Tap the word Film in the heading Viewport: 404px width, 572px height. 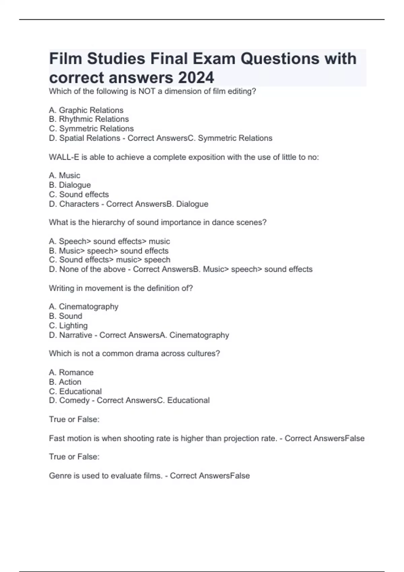(66, 59)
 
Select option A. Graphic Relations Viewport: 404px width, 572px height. (86, 110)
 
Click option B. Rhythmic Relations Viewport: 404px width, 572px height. (89, 119)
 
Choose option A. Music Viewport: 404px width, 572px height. (65, 175)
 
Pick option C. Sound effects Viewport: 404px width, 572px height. (79, 194)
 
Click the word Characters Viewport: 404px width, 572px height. (79, 204)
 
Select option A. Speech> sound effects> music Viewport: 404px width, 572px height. (109, 241)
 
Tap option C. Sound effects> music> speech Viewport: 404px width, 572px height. (110, 260)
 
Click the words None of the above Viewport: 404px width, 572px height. (92, 269)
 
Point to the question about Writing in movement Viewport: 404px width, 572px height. (121, 288)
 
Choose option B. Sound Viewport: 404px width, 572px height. (66, 316)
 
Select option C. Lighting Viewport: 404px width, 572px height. (68, 325)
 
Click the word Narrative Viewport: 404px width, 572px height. (76, 335)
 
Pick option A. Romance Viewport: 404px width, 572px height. (71, 372)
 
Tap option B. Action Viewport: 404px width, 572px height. (65, 382)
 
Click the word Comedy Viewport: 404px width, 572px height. (74, 400)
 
